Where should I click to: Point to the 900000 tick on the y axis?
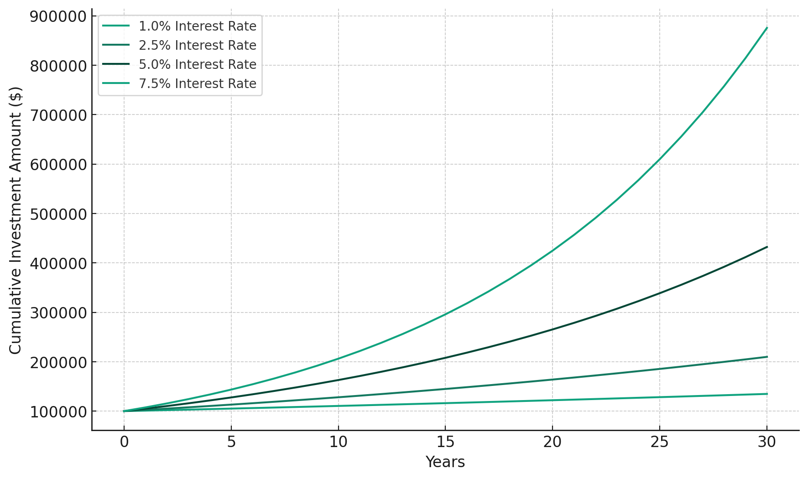(58, 16)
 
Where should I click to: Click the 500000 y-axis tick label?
(58, 214)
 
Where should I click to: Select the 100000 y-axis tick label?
(58, 411)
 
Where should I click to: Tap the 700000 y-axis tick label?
(58, 115)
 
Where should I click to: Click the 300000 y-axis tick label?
(58, 313)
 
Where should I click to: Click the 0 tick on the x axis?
(124, 442)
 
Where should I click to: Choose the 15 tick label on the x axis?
(445, 442)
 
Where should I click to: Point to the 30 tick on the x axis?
(767, 442)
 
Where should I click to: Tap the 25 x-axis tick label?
(660, 442)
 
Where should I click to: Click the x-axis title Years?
(445, 462)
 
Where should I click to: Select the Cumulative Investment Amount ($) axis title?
(16, 220)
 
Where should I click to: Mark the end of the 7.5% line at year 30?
(767, 28)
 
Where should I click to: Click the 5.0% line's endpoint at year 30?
(767, 247)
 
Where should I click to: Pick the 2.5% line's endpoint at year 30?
(767, 357)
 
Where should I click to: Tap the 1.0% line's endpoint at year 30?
(767, 394)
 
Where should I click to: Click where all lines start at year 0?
(124, 411)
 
